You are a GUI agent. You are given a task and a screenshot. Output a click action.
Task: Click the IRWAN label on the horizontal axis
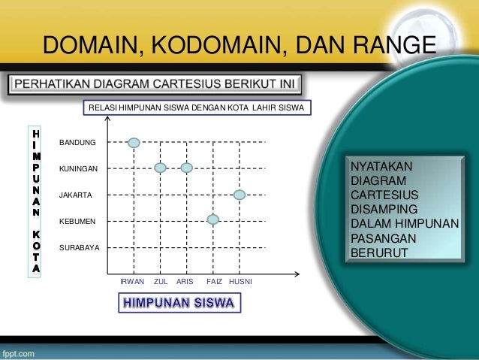click(132, 281)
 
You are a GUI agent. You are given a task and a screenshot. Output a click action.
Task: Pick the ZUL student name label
click(160, 281)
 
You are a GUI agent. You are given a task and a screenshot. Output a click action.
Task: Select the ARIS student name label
click(185, 281)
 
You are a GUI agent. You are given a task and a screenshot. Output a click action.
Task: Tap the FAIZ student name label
click(213, 281)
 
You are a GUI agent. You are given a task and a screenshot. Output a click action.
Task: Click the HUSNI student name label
click(240, 281)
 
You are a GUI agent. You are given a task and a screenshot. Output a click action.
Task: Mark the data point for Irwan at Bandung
click(134, 141)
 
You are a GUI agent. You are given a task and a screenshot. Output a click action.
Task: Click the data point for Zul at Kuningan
click(160, 168)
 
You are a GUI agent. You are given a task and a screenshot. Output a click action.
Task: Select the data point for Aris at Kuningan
click(187, 168)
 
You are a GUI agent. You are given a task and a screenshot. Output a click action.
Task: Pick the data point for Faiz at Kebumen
click(213, 219)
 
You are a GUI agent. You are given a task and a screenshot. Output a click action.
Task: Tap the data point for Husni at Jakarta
click(239, 195)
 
